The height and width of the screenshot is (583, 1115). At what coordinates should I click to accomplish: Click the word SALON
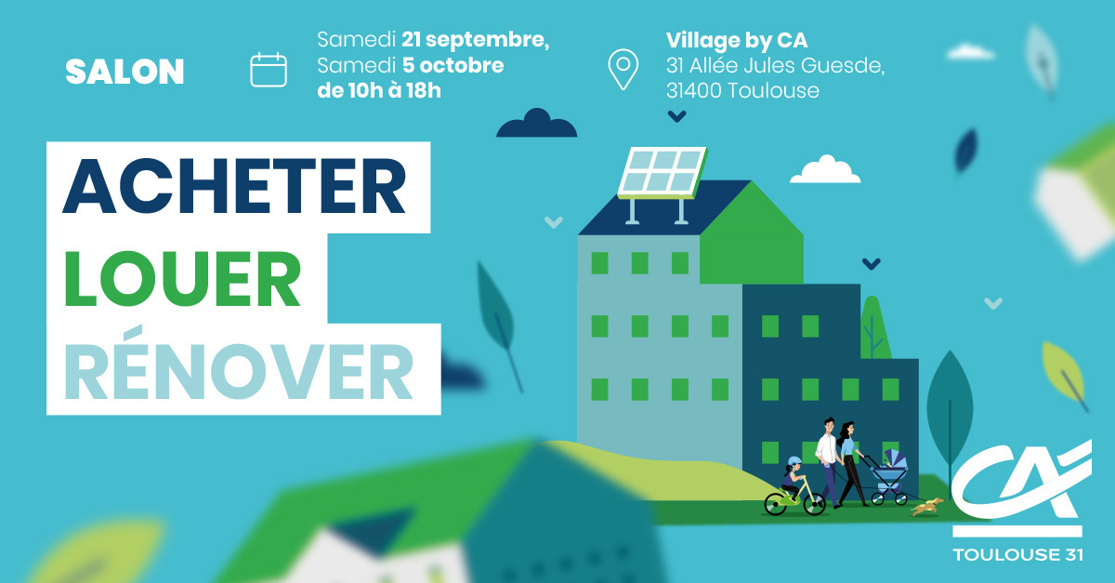[x=125, y=72]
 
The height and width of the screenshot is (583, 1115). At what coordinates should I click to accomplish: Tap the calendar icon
[x=269, y=70]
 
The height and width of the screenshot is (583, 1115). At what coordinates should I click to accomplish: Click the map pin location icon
[x=623, y=69]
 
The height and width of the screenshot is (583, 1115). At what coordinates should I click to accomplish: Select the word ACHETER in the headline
[x=234, y=187]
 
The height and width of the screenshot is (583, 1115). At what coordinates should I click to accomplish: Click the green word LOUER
[x=183, y=279]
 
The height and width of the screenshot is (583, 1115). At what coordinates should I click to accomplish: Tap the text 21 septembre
[x=475, y=40]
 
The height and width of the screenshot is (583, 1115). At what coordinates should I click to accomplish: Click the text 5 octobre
[x=453, y=65]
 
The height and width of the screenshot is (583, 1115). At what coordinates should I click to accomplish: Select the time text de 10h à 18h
[x=379, y=91]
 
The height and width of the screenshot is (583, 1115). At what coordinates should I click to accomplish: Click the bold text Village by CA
[x=737, y=40]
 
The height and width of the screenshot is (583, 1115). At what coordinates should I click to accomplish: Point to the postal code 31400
[x=694, y=91]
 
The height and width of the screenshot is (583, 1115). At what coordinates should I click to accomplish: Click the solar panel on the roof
[x=662, y=172]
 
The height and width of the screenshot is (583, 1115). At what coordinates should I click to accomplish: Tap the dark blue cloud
[x=537, y=123]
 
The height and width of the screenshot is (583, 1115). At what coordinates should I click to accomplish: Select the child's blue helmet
[x=794, y=462]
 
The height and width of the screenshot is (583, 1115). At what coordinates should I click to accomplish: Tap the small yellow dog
[x=927, y=507]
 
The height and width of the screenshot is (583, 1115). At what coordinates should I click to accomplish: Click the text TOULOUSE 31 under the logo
[x=1017, y=554]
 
